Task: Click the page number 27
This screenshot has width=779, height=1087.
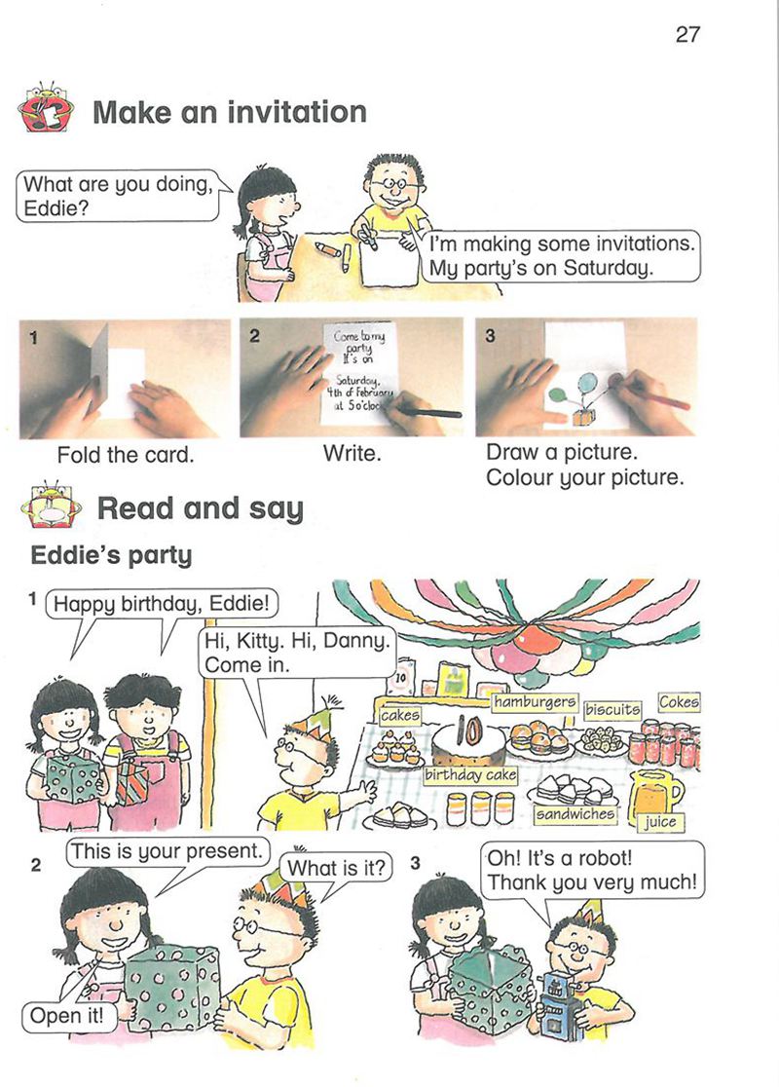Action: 687,34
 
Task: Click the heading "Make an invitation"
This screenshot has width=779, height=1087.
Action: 230,112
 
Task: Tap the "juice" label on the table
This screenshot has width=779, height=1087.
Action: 659,821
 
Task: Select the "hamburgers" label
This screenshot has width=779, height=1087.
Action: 535,702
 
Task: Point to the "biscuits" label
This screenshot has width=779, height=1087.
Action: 612,709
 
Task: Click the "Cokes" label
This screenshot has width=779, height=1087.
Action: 679,701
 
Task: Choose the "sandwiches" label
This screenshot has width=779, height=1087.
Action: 575,814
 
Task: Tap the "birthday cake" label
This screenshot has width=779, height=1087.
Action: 470,774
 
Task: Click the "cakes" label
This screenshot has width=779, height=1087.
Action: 400,715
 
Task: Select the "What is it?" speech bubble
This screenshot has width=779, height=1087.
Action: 336,868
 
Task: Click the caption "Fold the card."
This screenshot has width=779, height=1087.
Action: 126,455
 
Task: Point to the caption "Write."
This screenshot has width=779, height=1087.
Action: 352,454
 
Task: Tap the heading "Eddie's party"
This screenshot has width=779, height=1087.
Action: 112,555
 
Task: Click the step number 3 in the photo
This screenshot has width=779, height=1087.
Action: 490,335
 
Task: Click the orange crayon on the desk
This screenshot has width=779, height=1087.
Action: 328,248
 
